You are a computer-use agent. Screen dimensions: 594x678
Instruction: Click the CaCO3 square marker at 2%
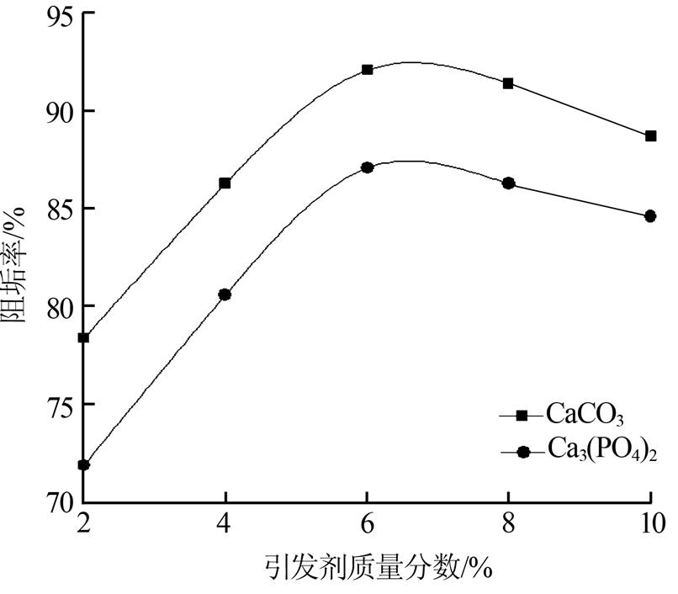pyautogui.click(x=83, y=337)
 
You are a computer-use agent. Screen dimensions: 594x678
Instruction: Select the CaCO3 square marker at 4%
pyautogui.click(x=225, y=183)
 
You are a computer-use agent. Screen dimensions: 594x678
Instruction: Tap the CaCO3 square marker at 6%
pyautogui.click(x=367, y=69)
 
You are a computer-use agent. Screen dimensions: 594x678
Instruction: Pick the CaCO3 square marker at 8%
pyautogui.click(x=508, y=83)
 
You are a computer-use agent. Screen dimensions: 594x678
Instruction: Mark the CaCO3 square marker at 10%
pyautogui.click(x=650, y=135)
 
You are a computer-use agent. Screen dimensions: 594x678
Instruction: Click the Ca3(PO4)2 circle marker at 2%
pyautogui.click(x=83, y=464)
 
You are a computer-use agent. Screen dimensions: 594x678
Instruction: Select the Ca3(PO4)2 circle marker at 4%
pyautogui.click(x=225, y=294)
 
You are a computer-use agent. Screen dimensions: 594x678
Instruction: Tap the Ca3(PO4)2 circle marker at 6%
pyautogui.click(x=367, y=167)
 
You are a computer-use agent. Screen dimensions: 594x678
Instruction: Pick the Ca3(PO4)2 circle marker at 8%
pyautogui.click(x=508, y=183)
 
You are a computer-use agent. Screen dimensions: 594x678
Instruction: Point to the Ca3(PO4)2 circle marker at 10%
pyautogui.click(x=650, y=216)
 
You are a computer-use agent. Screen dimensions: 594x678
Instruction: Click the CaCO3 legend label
pyautogui.click(x=586, y=415)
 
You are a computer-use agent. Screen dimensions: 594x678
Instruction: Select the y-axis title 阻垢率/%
pyautogui.click(x=17, y=260)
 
